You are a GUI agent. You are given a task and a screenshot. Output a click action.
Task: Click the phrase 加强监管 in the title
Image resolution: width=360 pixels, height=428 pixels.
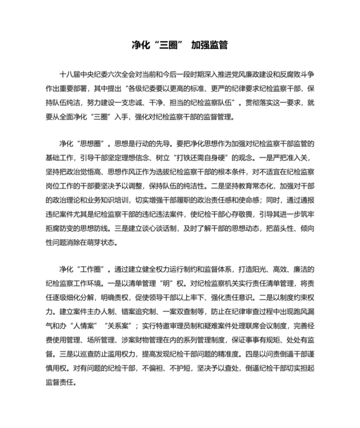click(210, 46)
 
